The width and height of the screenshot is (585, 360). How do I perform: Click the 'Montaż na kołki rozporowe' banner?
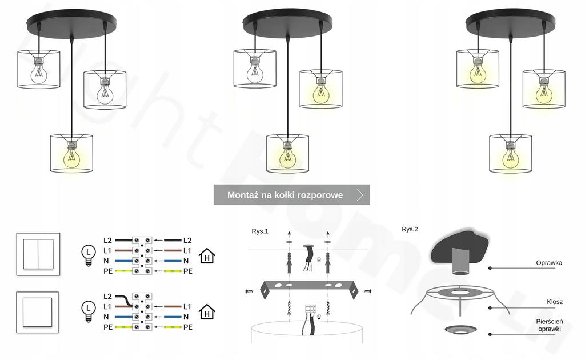286,195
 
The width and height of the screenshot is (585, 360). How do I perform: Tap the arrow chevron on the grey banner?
360,195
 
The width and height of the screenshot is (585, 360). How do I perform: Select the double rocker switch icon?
38,253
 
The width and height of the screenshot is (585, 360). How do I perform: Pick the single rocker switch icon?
38,313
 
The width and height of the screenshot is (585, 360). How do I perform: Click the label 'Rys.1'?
260,231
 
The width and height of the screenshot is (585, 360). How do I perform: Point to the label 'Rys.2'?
410,229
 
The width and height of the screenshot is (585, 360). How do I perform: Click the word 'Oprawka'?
549,263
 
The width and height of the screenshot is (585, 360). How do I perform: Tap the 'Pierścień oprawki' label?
549,325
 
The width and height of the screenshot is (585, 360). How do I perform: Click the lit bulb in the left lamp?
71,158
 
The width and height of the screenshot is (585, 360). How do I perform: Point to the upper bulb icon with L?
88,254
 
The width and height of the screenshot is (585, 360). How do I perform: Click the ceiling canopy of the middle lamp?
287,22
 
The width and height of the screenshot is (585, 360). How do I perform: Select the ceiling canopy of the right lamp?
510,22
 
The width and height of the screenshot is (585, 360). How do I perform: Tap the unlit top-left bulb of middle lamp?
255,73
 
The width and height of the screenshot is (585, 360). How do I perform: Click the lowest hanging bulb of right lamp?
511,158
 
